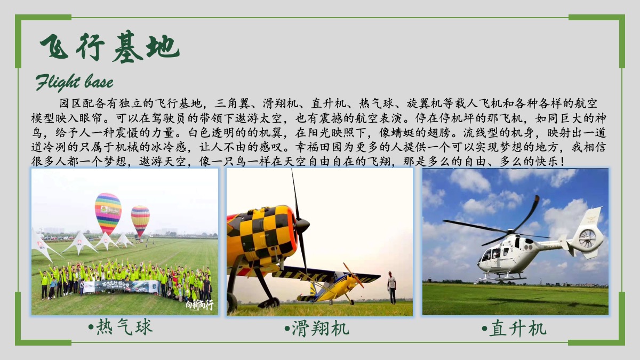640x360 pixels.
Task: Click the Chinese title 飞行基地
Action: pyautogui.click(x=109, y=46)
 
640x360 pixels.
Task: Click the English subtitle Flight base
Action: pyautogui.click(x=74, y=82)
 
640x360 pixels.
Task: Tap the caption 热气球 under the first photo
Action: pyautogui.click(x=121, y=327)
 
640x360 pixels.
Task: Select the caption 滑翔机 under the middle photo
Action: pyautogui.click(x=317, y=329)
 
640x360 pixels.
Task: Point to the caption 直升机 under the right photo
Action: pyautogui.click(x=514, y=329)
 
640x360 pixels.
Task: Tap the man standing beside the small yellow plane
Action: pyautogui.click(x=392, y=287)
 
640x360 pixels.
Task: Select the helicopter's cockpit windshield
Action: pyautogui.click(x=487, y=254)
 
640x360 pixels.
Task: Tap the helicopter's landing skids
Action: pyautogui.click(x=502, y=277)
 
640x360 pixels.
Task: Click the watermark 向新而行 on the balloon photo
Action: pyautogui.click(x=199, y=305)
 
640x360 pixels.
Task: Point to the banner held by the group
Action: pyautogui.click(x=121, y=286)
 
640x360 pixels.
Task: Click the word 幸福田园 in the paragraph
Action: pyautogui.click(x=319, y=147)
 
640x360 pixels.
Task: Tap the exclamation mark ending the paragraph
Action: pyautogui.click(x=563, y=162)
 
